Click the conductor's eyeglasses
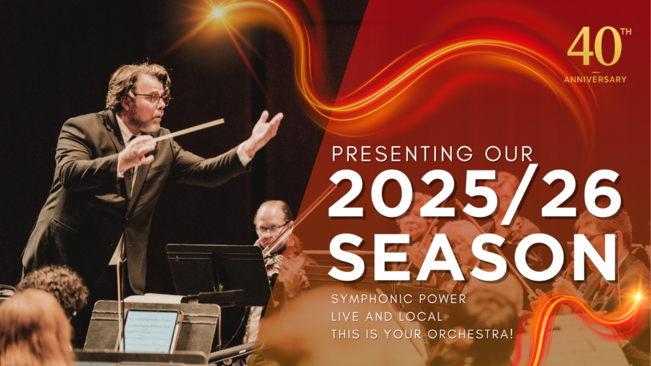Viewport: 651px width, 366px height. tap(152, 98)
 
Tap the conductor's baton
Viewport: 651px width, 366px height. tap(189, 130)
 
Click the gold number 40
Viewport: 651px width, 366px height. tap(594, 46)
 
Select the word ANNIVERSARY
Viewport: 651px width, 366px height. tap(595, 79)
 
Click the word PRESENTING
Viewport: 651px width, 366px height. tap(402, 154)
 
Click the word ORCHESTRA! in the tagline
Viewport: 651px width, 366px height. tap(471, 334)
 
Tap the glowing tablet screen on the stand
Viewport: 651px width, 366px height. tap(151, 331)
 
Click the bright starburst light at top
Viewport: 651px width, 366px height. tap(217, 13)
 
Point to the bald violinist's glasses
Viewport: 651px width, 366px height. tap(272, 228)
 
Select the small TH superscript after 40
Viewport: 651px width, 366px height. tap(626, 32)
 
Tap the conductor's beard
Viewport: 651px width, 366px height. tap(146, 123)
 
